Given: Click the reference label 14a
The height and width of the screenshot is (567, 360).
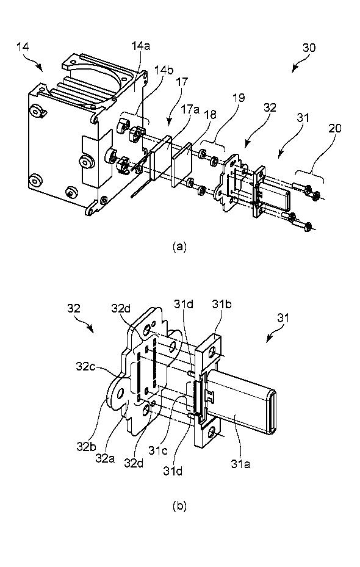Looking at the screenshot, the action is pos(140,46).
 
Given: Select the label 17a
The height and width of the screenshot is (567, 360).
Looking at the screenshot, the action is pos(190,109).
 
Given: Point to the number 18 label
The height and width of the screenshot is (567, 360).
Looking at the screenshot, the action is pos(210,114).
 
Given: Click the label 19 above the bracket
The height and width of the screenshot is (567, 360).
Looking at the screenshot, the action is pos(239,98).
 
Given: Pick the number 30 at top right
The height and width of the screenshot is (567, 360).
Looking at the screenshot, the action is pos(309,48).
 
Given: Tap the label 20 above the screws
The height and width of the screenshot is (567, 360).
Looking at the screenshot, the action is pos(335,129).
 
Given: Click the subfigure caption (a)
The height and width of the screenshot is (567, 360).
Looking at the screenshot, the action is pos(179,247).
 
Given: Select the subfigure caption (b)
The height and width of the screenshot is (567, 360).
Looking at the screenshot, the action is pos(179,506).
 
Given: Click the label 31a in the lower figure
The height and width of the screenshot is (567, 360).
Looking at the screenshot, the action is pos(241,464).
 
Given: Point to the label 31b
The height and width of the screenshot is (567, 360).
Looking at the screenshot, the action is pos(221,305).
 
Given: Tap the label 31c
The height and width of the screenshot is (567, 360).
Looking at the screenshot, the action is pos(157,451).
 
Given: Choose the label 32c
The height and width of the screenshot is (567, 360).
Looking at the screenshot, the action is pos(85,366).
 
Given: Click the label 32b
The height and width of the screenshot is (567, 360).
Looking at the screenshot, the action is pos(85,447).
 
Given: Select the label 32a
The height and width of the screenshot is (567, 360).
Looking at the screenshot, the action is pos(105,458).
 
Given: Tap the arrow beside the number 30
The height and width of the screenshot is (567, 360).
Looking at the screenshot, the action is pos(299,65).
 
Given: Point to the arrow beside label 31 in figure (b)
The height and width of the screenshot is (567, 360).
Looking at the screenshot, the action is pos(273,334).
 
